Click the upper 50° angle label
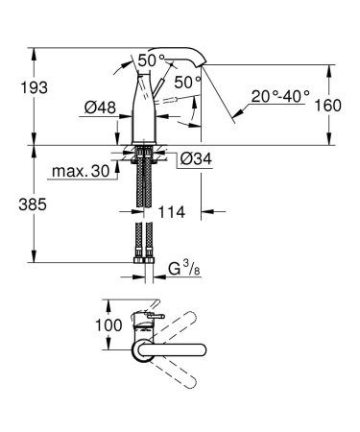(x=151, y=60)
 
